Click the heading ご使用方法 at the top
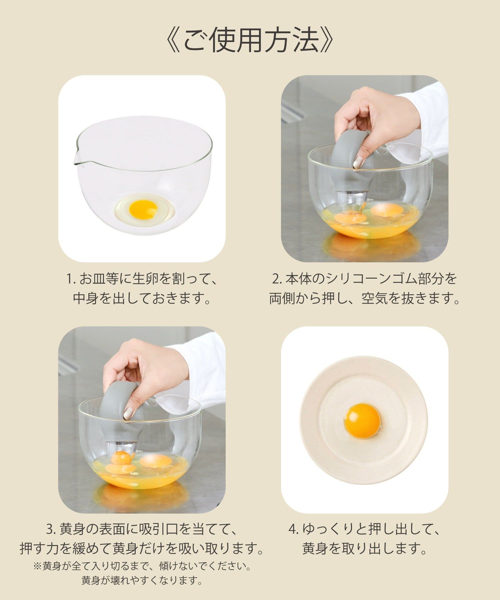tap(250, 41)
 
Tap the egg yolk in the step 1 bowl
tap(143, 209)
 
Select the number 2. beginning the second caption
tap(277, 279)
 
